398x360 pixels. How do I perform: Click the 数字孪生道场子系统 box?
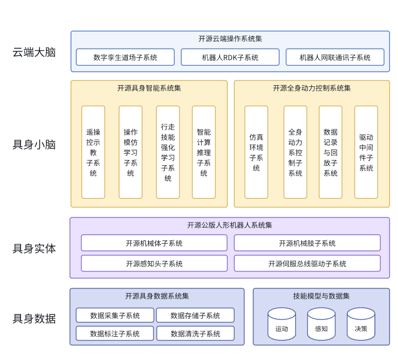125,57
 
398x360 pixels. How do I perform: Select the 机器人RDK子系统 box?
230,57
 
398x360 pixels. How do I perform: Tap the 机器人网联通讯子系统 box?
335,57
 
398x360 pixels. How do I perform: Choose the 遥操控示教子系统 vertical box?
93,152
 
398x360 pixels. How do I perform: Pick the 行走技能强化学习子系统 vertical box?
168,152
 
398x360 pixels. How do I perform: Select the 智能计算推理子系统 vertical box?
204,152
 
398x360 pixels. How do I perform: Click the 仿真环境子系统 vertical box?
256,152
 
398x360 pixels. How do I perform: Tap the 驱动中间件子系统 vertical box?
366,152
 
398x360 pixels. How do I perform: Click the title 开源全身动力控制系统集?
312,88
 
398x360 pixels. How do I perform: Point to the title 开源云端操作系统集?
230,39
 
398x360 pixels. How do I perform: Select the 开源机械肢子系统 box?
307,243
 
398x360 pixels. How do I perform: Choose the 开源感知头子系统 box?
154,264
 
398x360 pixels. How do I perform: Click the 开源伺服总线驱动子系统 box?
307,264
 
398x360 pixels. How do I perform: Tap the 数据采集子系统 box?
115,315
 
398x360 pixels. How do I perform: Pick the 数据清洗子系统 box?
195,334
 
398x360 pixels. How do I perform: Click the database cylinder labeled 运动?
282,324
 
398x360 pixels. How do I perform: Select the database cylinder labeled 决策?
361,324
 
